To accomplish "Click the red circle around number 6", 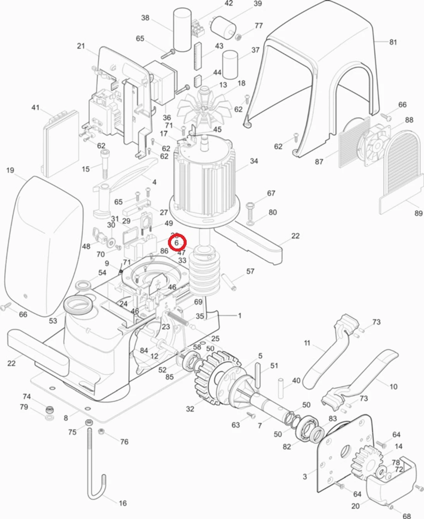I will (177, 243).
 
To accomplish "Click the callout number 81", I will (393, 42).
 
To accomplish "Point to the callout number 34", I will (254, 161).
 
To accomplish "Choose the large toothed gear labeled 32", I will (215, 377).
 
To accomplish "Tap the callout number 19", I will (10, 170).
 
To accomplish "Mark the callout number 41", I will (35, 108).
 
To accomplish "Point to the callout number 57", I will (250, 271).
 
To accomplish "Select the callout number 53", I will (53, 321).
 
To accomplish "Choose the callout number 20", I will (356, 505).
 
